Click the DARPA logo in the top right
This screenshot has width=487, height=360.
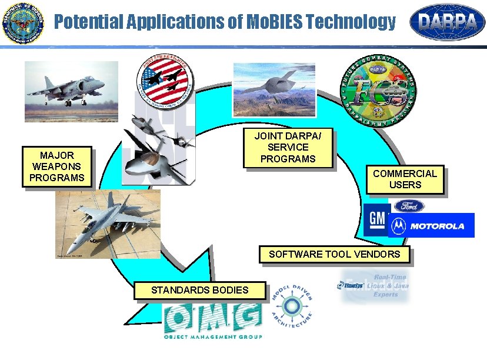(447, 23)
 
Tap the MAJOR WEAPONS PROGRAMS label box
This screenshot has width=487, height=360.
(57, 166)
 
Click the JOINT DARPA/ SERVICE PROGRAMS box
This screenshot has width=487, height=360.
(288, 148)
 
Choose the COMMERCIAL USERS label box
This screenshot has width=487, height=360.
(405, 179)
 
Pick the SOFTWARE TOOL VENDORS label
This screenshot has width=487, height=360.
(334, 254)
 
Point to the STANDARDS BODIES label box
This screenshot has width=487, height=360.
(199, 289)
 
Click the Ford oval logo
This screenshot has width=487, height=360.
(409, 206)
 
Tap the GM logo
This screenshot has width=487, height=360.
(376, 221)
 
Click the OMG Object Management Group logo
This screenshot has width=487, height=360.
(212, 321)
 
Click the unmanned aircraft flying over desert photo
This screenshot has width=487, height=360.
(273, 89)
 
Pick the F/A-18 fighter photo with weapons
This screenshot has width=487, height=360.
(108, 224)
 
